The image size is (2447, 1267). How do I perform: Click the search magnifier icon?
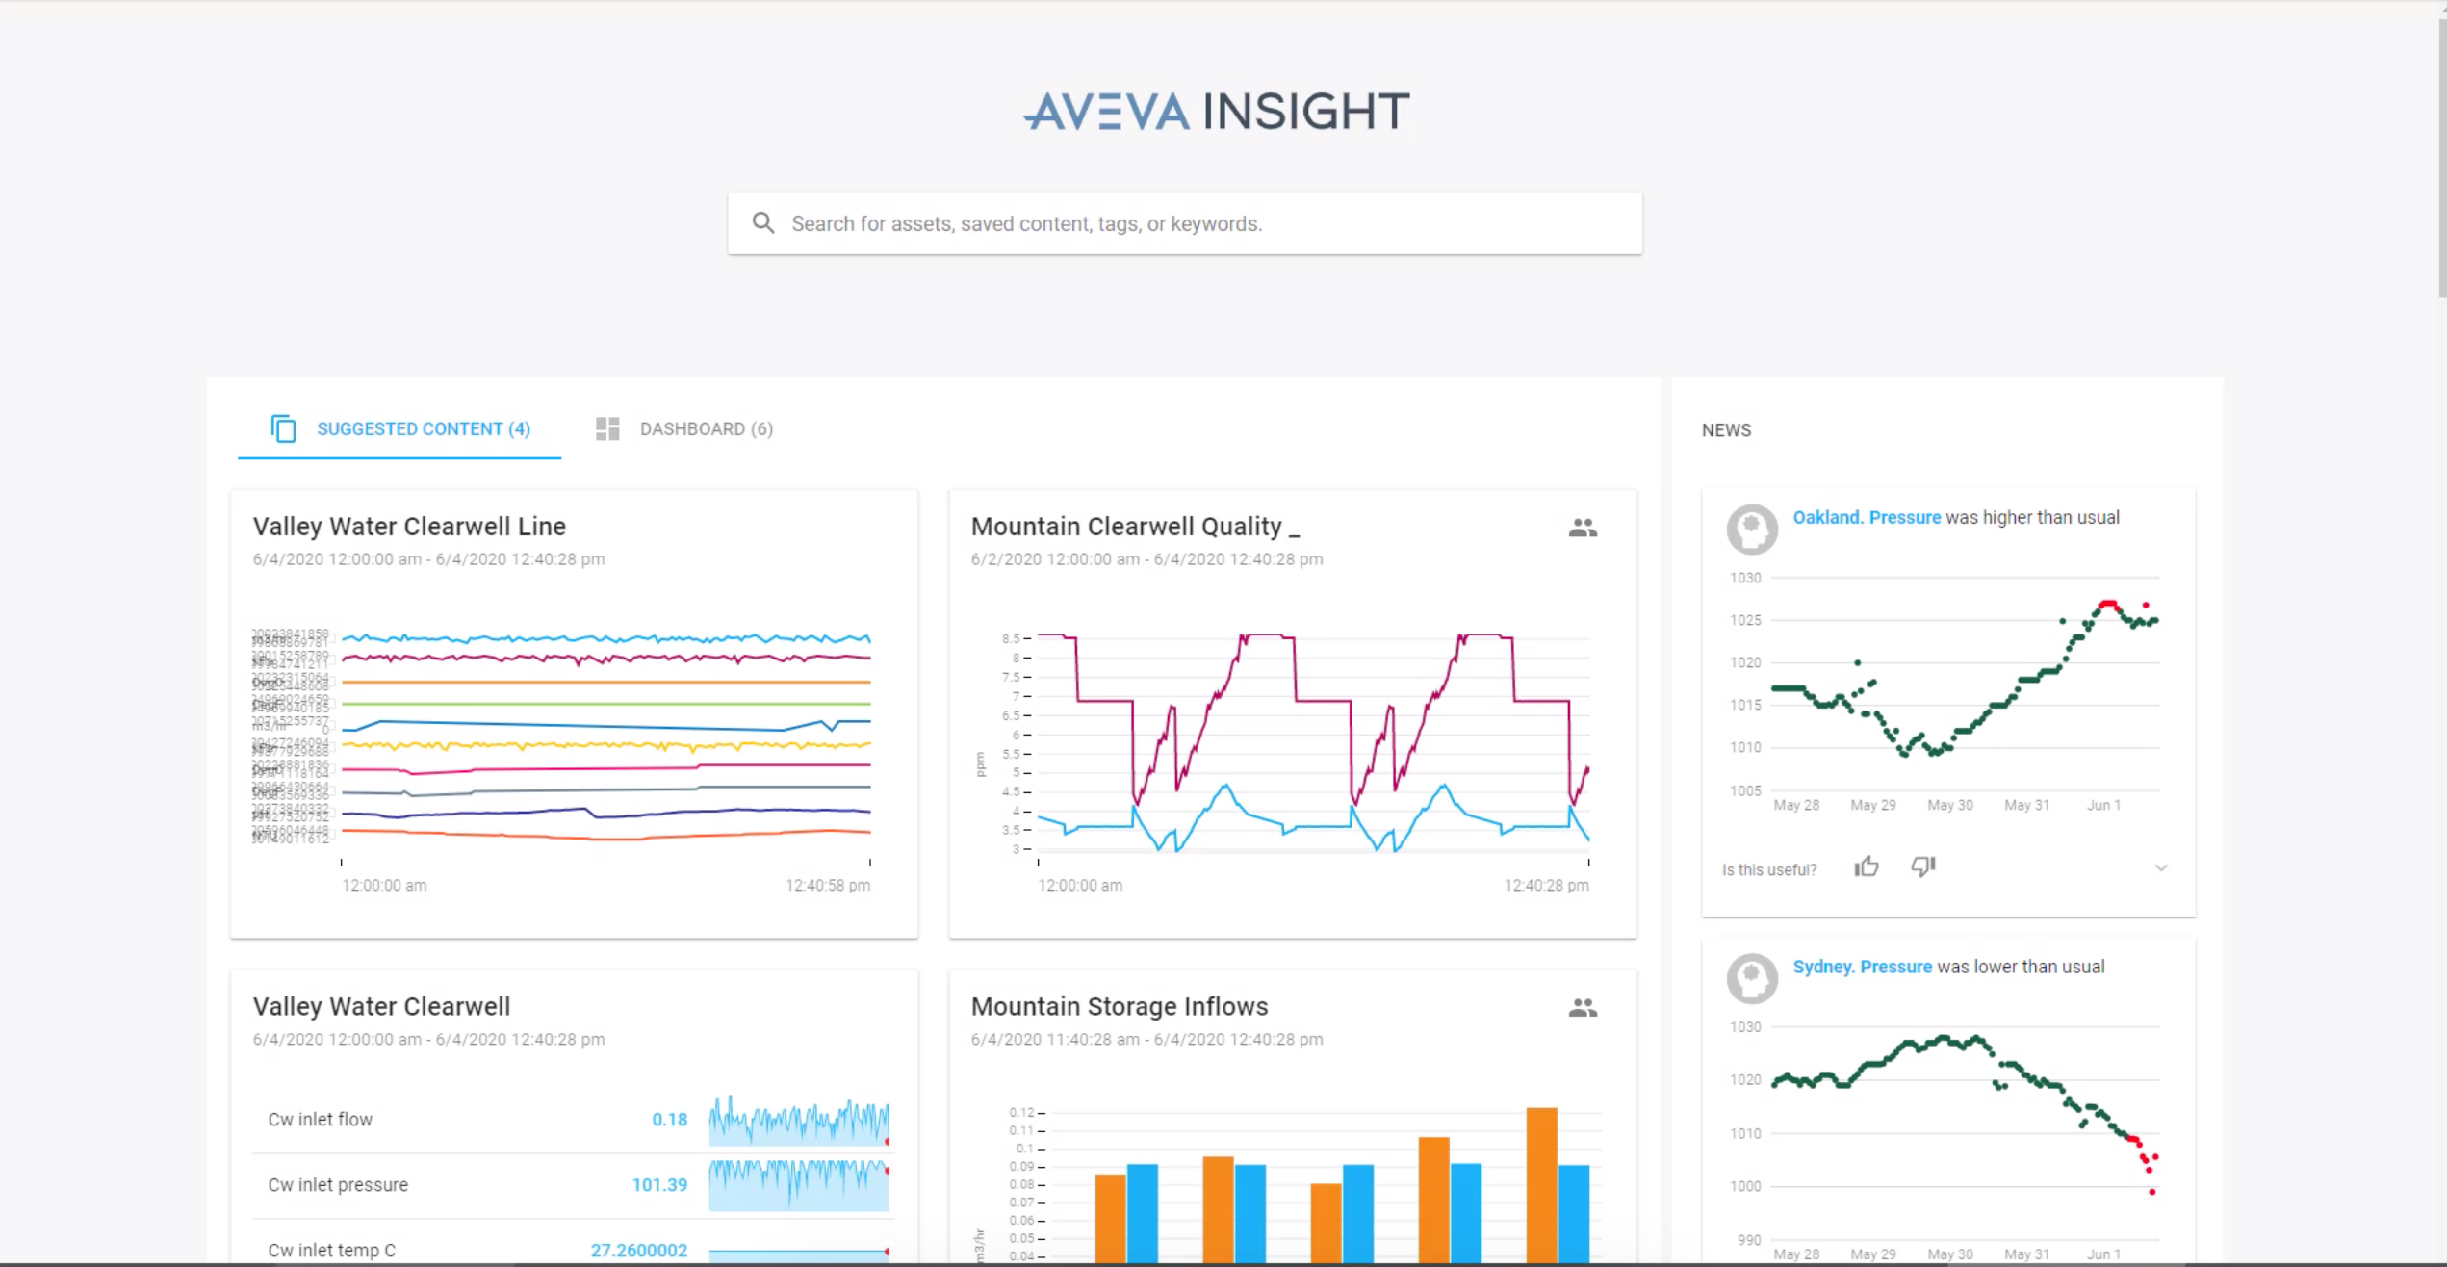click(763, 223)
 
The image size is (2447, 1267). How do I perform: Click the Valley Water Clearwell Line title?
click(409, 527)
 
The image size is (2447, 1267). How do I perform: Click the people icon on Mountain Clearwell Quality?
click(1583, 528)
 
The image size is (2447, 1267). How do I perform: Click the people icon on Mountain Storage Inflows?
click(1583, 1007)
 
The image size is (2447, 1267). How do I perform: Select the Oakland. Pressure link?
click(1866, 517)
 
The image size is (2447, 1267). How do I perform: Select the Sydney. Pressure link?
click(1862, 967)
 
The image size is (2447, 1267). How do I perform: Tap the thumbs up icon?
click(1867, 867)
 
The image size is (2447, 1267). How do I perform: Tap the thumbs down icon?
click(1922, 867)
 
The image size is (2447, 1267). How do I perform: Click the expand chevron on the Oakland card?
click(2161, 868)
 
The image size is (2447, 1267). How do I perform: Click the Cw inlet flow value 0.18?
click(669, 1119)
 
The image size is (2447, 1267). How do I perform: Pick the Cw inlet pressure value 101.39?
click(659, 1184)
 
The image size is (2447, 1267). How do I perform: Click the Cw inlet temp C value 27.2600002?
click(638, 1250)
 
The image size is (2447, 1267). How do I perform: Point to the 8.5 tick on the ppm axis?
click(1011, 638)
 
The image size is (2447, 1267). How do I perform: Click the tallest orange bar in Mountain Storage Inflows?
click(1541, 1184)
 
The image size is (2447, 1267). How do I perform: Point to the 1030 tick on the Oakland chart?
click(1745, 578)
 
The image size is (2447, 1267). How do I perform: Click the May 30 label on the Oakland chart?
click(1949, 805)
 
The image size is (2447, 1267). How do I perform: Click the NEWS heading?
click(1726, 430)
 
